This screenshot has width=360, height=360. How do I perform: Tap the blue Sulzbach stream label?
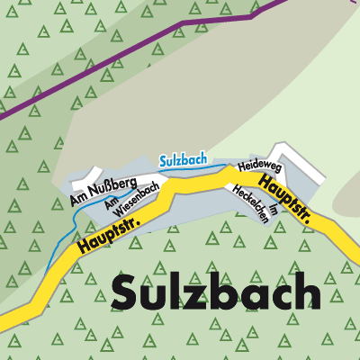coord(183,160)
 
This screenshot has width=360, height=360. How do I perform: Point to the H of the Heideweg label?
coord(240,168)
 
